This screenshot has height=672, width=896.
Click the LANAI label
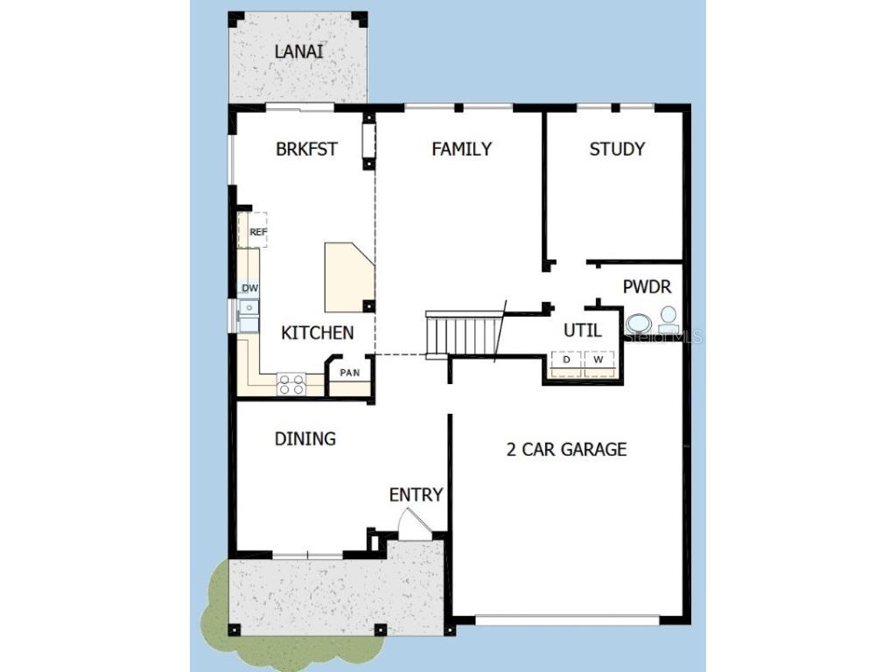[299, 52]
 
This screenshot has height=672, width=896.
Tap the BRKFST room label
[306, 149]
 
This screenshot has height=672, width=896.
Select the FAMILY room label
[462, 149]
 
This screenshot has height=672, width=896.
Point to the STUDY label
[617, 149]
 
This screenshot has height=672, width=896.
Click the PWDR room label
[647, 287]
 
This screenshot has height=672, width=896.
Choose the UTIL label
[582, 330]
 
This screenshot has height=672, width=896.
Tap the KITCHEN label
[317, 332]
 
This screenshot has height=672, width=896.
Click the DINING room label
[305, 439]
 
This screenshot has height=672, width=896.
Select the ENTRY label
[416, 495]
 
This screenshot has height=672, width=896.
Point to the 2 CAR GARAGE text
[566, 449]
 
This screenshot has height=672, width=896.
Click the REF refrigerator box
[253, 230]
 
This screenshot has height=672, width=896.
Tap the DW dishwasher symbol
[248, 288]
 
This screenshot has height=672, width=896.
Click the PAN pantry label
[350, 373]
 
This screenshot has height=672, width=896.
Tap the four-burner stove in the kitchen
[291, 384]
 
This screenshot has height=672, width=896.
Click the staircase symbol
[462, 333]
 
